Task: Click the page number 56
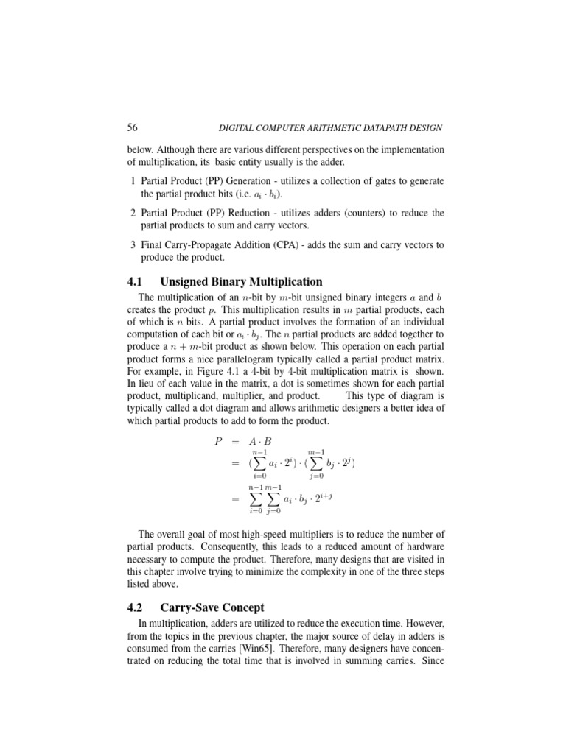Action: click(x=133, y=127)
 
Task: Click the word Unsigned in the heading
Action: click(x=194, y=281)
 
